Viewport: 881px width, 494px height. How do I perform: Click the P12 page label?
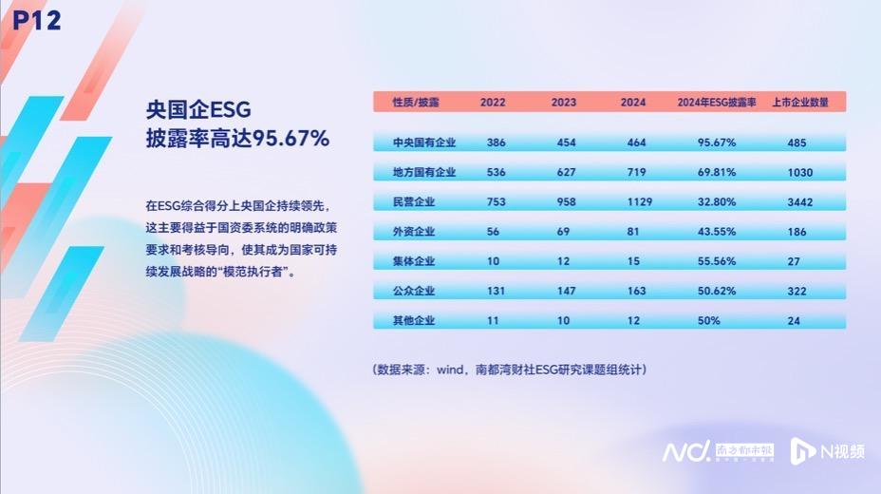coord(37,20)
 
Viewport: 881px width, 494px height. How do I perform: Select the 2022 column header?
coord(493,102)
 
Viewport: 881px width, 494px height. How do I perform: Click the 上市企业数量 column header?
coord(800,102)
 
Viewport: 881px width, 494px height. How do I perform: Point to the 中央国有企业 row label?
coord(424,142)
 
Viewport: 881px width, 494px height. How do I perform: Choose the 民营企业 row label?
coord(414,202)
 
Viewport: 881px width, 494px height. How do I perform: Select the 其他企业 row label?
coord(414,321)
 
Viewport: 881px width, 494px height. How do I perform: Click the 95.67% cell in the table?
coord(717,142)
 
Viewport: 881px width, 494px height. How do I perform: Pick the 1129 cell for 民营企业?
coord(633,202)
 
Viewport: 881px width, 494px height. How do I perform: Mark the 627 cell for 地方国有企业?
coord(564,173)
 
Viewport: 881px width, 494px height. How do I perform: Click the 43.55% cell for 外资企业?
coord(717,232)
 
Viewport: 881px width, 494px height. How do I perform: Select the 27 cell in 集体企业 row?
coord(795,261)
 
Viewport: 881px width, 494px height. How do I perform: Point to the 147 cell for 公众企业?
coord(564,291)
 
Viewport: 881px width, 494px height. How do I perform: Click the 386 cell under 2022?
coord(496,142)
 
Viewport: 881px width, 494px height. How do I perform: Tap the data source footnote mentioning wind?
coord(510,369)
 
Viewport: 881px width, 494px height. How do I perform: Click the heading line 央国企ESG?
coord(197,108)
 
